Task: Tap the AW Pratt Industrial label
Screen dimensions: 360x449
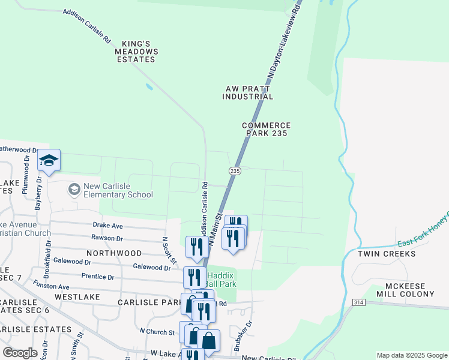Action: point(249,92)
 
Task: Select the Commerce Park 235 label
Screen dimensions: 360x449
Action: point(267,129)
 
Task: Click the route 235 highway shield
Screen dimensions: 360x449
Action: point(235,171)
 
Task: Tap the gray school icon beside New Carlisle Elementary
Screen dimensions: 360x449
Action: point(74,190)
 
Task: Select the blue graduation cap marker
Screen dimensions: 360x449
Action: point(49,160)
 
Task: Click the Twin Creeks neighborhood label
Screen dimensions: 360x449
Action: point(395,254)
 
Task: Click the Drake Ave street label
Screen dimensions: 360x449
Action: point(107,226)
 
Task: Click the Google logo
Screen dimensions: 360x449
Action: point(20,352)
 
